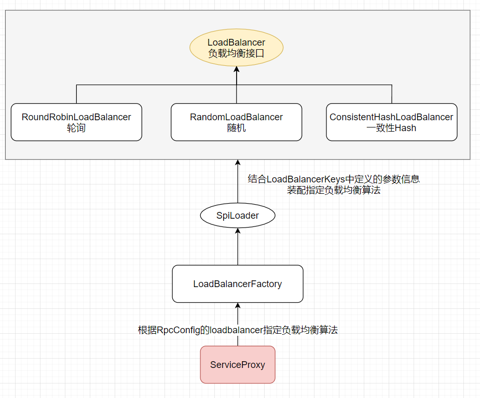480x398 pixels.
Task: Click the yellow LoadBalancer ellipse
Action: tap(236, 48)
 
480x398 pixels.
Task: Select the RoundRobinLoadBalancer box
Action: tap(76, 122)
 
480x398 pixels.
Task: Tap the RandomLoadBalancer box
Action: tap(236, 122)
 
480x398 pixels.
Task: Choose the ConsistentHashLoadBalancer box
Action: tap(391, 122)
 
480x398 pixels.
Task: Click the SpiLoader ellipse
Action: tap(237, 216)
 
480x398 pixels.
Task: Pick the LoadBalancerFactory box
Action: tap(237, 284)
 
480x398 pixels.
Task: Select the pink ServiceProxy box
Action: tap(237, 365)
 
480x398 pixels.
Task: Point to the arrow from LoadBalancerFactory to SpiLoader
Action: tap(238, 249)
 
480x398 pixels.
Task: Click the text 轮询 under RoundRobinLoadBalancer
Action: tap(76, 128)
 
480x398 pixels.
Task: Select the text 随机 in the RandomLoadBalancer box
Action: tap(236, 128)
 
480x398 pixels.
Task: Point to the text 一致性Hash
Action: tap(391, 128)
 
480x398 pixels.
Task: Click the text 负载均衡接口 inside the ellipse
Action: tap(236, 53)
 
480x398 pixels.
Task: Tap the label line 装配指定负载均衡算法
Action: tap(334, 190)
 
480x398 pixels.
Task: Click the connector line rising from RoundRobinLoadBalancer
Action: tap(76, 94)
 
